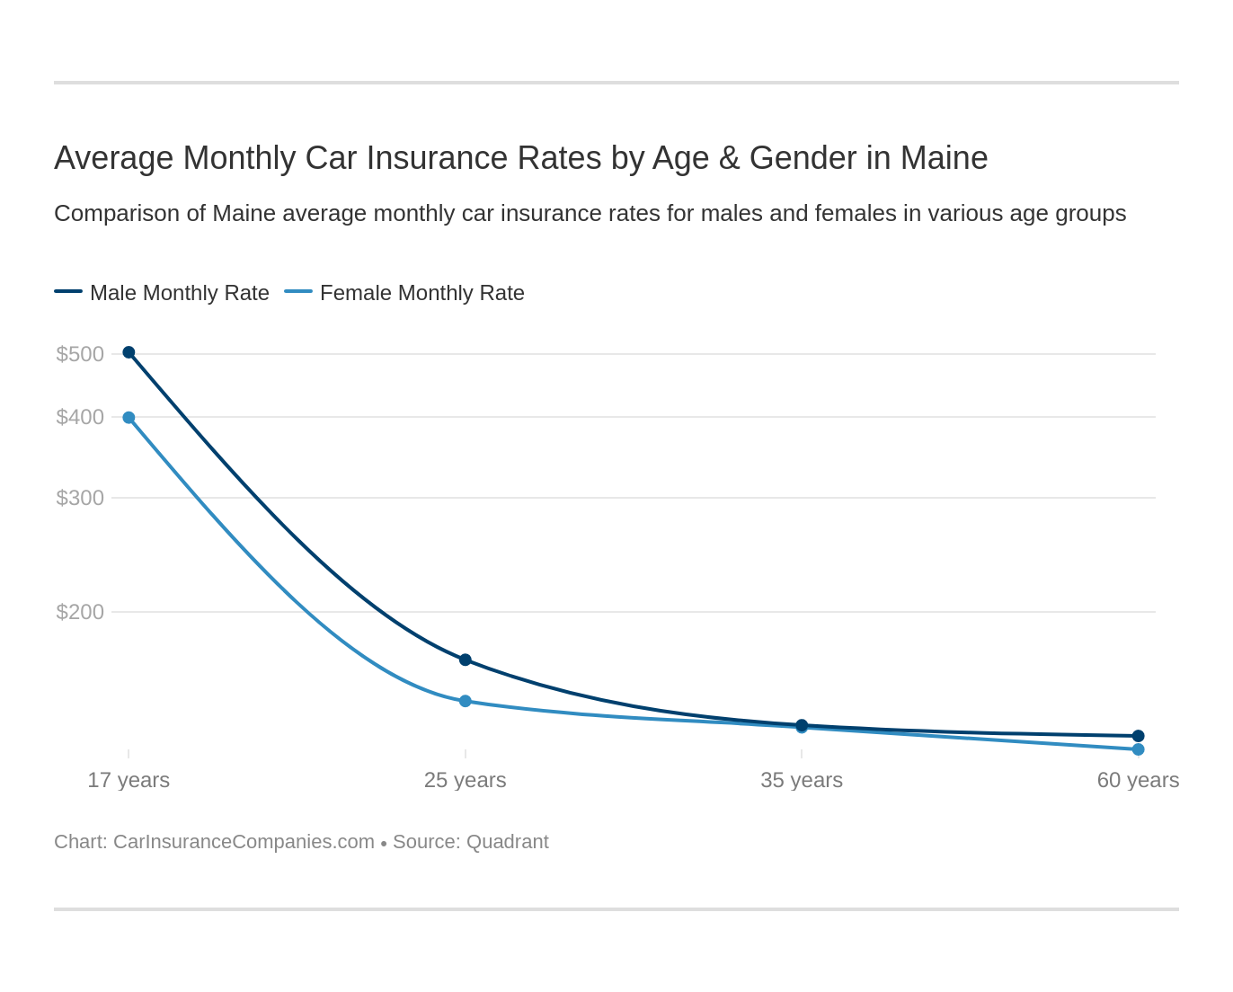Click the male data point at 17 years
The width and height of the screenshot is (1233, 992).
pyautogui.click(x=129, y=352)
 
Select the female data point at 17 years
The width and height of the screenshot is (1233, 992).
pyautogui.click(x=129, y=418)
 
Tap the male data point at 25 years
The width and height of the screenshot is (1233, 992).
pyautogui.click(x=466, y=660)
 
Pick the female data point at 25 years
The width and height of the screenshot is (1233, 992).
pyautogui.click(x=466, y=701)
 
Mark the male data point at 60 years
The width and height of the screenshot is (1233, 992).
pyautogui.click(x=1138, y=736)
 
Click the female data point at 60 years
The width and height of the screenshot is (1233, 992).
pyautogui.click(x=1138, y=749)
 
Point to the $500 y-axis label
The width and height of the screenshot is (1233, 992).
pyautogui.click(x=80, y=354)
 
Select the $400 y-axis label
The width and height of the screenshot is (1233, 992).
pyautogui.click(x=80, y=417)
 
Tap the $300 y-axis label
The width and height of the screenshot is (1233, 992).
pyautogui.click(x=80, y=498)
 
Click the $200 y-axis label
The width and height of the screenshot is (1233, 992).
pyautogui.click(x=80, y=612)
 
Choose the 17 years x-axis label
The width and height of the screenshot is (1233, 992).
pyautogui.click(x=129, y=780)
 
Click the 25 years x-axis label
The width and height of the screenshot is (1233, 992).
pyautogui.click(x=466, y=780)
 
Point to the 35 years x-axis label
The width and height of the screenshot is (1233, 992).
pyautogui.click(x=802, y=780)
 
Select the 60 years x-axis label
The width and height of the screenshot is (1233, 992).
pyautogui.click(x=1138, y=780)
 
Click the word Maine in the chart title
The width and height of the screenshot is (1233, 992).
pyautogui.click(x=944, y=158)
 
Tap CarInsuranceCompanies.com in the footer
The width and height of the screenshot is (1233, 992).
pyautogui.click(x=244, y=842)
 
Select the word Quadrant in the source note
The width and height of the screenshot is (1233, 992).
pyautogui.click(x=508, y=842)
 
